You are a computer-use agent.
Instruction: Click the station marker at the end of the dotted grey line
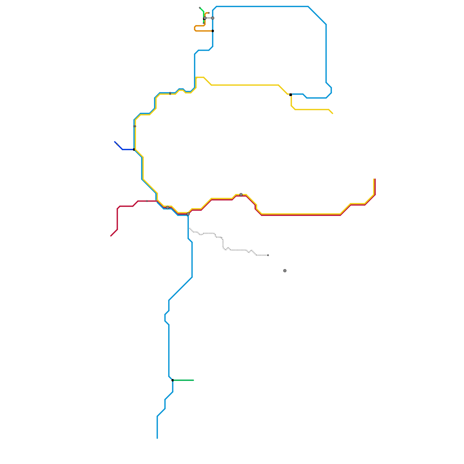[x=268, y=255]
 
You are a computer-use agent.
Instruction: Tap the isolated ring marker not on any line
[x=285, y=271]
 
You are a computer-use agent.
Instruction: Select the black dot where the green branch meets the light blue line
[x=173, y=380]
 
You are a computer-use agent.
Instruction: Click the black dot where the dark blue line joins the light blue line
[x=134, y=150]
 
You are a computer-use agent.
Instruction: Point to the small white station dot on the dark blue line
[x=117, y=144]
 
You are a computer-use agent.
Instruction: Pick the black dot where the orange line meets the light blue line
[x=213, y=31]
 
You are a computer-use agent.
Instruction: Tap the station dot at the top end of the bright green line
[x=200, y=8]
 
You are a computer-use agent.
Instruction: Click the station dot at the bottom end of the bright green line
[x=204, y=23]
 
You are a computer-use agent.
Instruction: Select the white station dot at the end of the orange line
[x=209, y=13]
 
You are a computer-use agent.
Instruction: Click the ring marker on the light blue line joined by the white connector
[x=213, y=18]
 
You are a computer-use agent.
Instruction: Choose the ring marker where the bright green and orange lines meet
[x=205, y=18]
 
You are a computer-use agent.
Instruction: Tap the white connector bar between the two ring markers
[x=209, y=18]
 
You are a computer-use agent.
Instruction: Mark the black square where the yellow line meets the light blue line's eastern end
[x=291, y=95]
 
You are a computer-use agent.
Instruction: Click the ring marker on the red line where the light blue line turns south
[x=188, y=214]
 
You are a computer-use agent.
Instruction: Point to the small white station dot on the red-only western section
[x=147, y=201]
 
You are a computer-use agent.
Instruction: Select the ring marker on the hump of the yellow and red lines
[x=241, y=195]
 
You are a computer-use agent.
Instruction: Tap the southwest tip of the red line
[x=111, y=236]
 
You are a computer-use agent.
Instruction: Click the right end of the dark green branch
[x=193, y=380]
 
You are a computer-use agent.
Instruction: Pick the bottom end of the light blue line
[x=157, y=438]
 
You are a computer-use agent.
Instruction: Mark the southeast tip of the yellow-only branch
[x=333, y=113]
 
